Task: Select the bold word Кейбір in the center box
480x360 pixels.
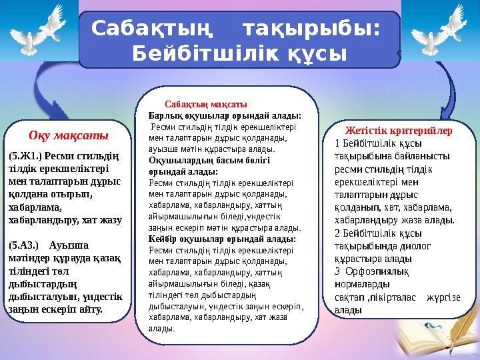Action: (x=165, y=239)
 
